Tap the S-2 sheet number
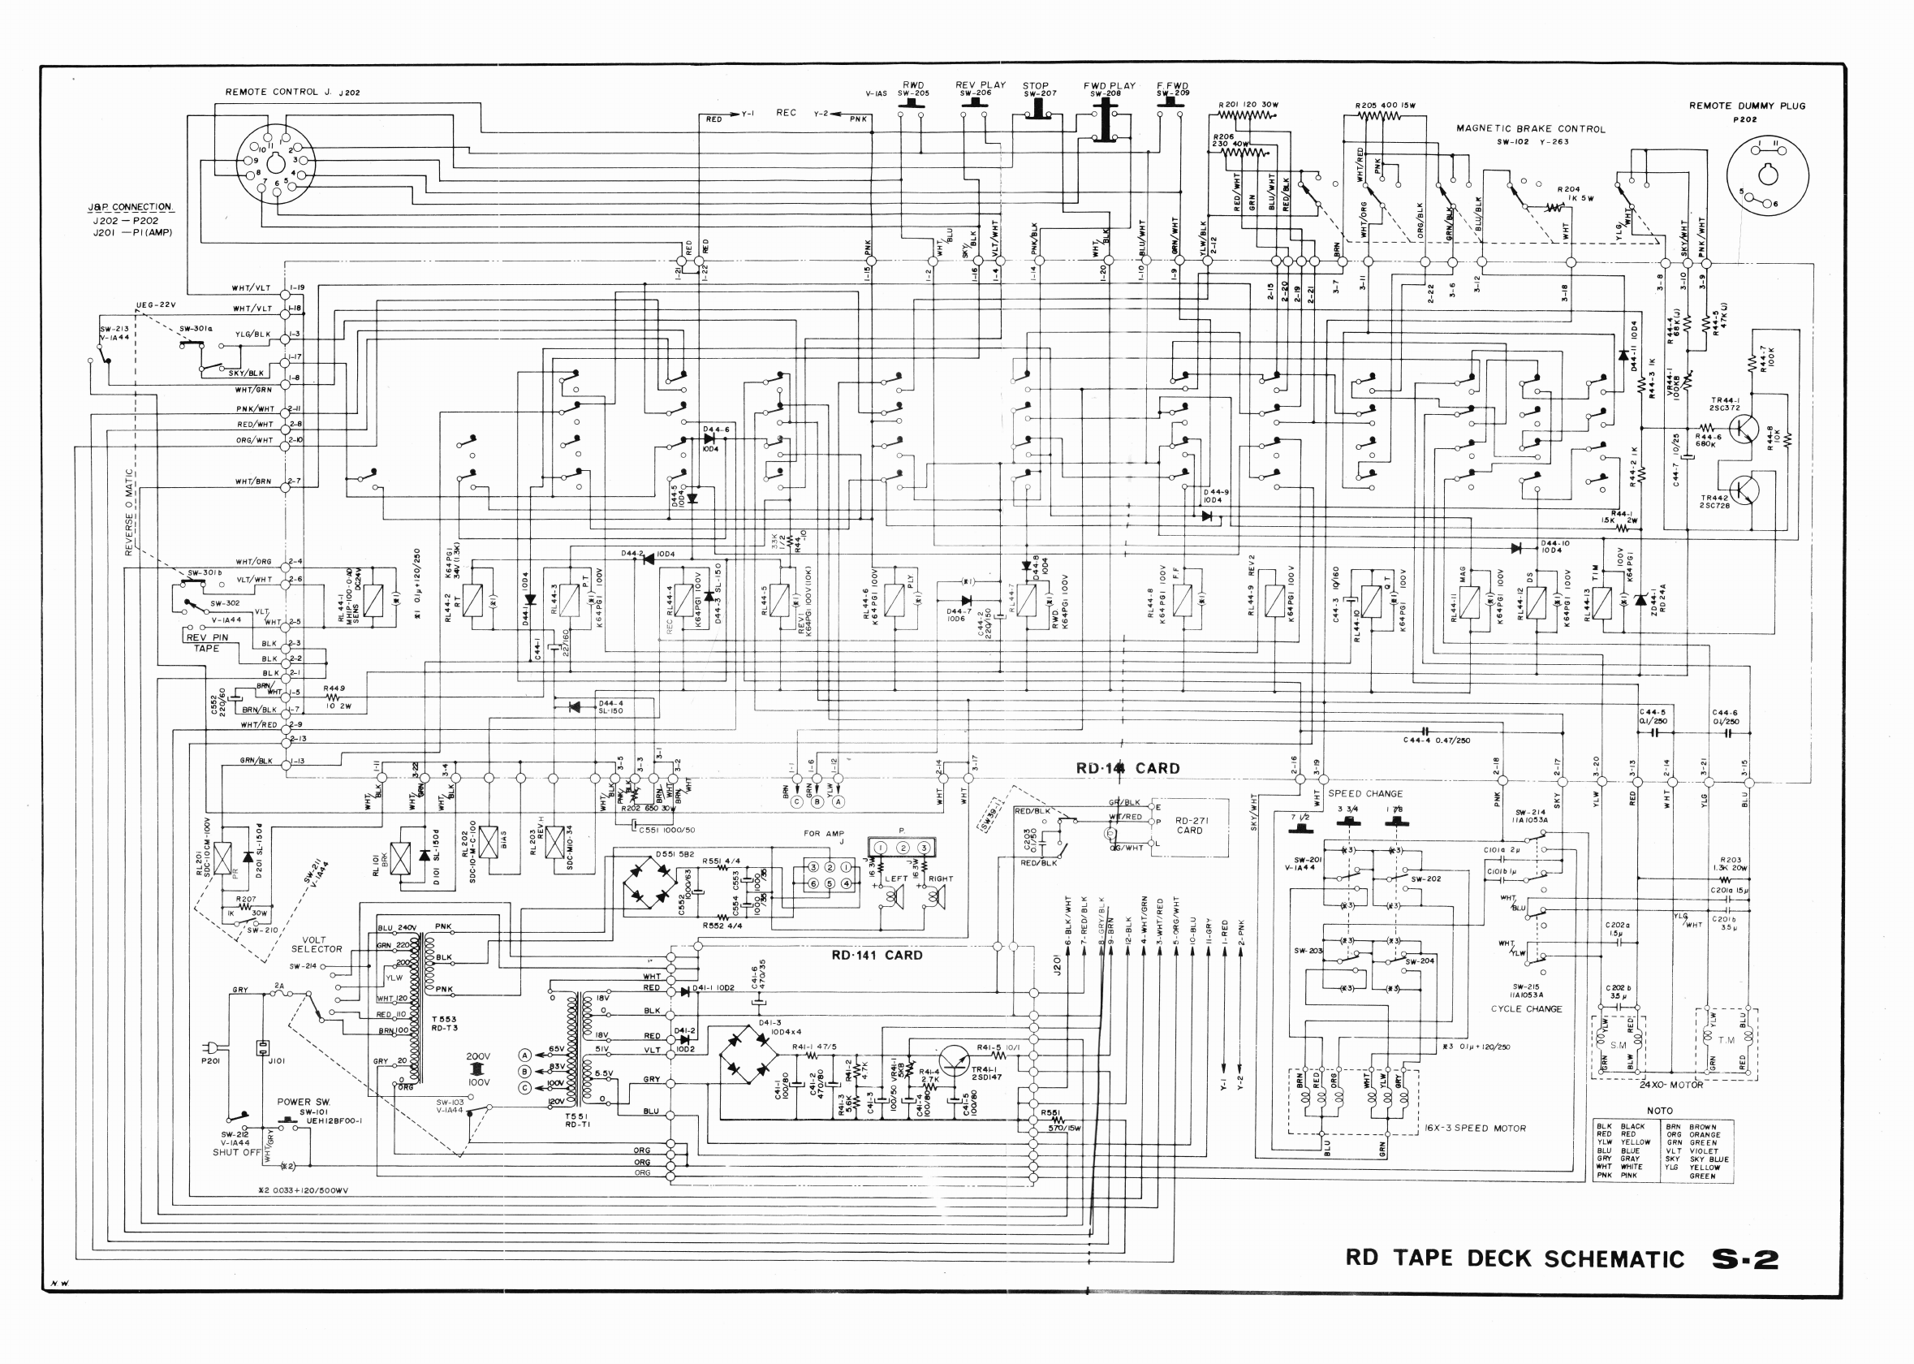(x=1744, y=1258)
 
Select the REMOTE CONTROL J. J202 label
(x=292, y=92)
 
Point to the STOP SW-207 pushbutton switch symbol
(x=1039, y=110)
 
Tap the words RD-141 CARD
(x=877, y=955)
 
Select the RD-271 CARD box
(x=1188, y=827)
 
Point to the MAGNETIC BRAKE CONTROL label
(x=1530, y=129)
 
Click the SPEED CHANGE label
(x=1365, y=793)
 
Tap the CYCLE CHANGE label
(x=1526, y=1008)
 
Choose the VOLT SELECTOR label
(x=316, y=945)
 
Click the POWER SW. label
(x=304, y=1101)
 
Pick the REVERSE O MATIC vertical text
(x=129, y=512)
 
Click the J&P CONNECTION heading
(x=130, y=206)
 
